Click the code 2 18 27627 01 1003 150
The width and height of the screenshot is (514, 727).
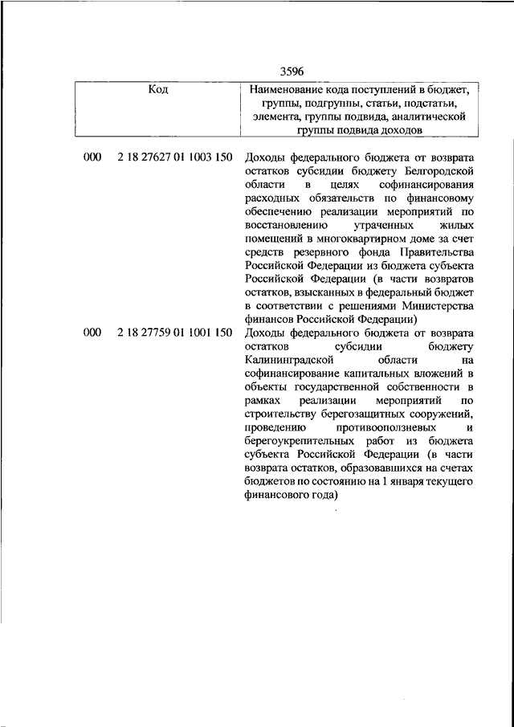[x=174, y=157]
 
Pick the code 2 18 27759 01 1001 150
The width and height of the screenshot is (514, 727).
[x=174, y=332]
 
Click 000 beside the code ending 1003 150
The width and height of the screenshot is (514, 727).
[x=92, y=157]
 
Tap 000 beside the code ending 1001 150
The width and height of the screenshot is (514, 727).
[x=92, y=332]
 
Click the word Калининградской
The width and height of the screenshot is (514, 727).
[x=289, y=361]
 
